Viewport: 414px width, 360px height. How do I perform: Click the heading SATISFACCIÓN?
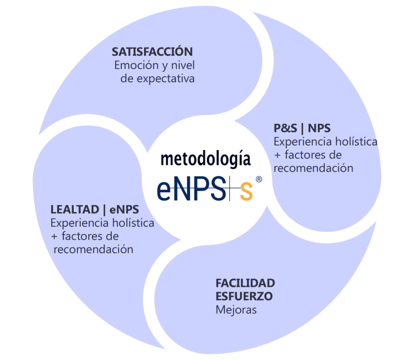tap(152, 52)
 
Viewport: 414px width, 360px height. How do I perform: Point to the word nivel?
tap(183, 65)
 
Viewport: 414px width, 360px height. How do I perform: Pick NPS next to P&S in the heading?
tap(319, 129)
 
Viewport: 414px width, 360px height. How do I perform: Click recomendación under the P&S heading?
tap(313, 168)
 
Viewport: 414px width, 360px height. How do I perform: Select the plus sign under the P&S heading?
tap(278, 155)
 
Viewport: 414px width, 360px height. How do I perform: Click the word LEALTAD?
tap(75, 210)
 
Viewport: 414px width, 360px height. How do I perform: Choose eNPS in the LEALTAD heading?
tap(124, 210)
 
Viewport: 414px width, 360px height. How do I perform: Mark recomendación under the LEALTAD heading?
tap(94, 250)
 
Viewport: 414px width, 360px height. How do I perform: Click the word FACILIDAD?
tap(245, 283)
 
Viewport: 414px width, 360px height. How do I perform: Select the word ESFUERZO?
tap(244, 296)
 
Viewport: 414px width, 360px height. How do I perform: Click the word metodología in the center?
tap(206, 160)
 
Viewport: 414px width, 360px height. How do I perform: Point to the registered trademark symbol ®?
tap(259, 179)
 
